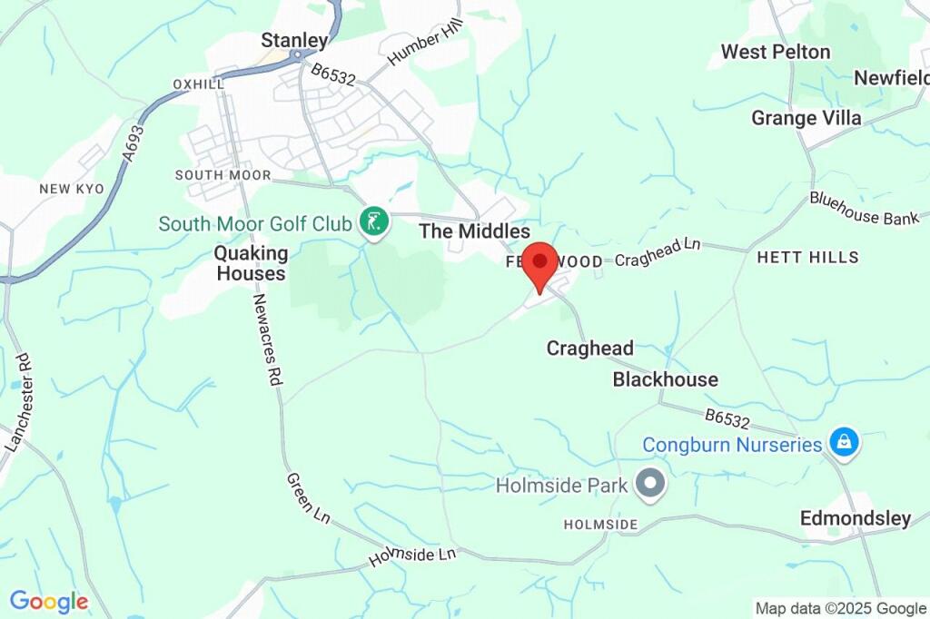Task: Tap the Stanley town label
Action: pyautogui.click(x=294, y=40)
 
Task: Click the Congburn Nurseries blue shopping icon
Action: pyautogui.click(x=845, y=444)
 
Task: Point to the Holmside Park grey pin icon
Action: pyautogui.click(x=650, y=484)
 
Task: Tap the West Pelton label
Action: pyautogui.click(x=776, y=52)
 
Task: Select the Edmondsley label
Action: pyautogui.click(x=855, y=518)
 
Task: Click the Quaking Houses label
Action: pyautogui.click(x=251, y=263)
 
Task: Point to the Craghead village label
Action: pyautogui.click(x=590, y=349)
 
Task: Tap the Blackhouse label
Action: pyautogui.click(x=665, y=379)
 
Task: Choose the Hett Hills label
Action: pyautogui.click(x=807, y=258)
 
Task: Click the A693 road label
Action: pyautogui.click(x=134, y=143)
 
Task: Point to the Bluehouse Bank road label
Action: pyautogui.click(x=857, y=208)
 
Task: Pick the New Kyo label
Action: pyautogui.click(x=72, y=189)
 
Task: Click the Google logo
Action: pyautogui.click(x=48, y=601)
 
